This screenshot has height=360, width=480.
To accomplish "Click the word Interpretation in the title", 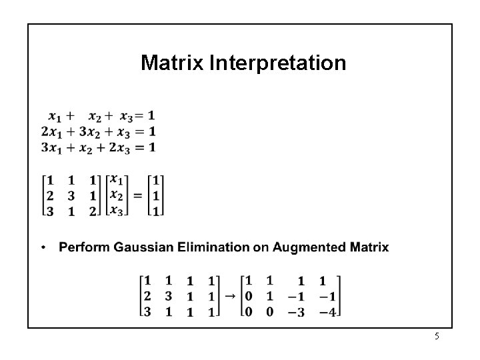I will coord(278,64).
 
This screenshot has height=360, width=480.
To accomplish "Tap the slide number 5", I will coord(437,337).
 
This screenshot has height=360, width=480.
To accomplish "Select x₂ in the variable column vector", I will coord(116,195).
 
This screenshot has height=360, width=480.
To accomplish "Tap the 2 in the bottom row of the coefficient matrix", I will coord(93,211).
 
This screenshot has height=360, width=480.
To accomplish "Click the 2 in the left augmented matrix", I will coord(147,296).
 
